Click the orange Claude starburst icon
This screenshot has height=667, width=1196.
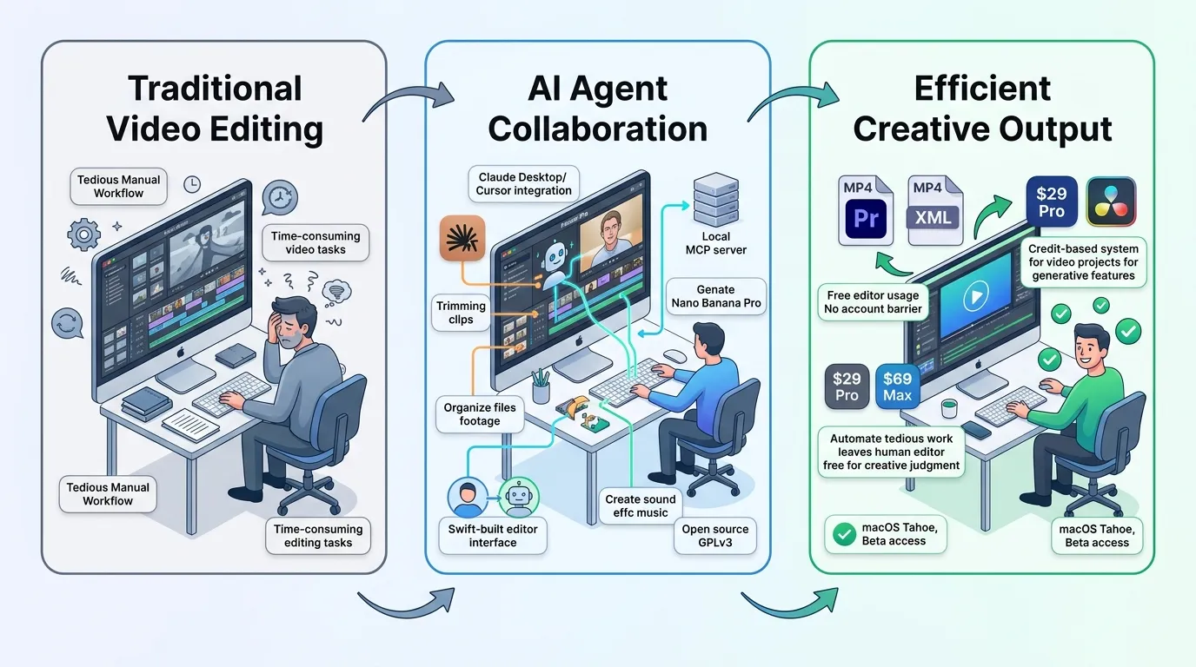462,238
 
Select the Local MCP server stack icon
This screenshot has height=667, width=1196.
715,199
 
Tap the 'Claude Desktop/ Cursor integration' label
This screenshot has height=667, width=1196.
523,183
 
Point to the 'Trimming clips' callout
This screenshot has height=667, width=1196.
461,313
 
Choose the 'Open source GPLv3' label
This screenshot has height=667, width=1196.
715,536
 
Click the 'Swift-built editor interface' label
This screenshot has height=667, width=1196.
492,536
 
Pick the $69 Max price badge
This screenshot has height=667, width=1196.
897,386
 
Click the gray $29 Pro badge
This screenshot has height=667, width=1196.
847,386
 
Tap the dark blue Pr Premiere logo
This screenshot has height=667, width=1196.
866,219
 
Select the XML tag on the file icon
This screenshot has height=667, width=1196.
933,218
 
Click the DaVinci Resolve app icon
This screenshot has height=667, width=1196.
1111,201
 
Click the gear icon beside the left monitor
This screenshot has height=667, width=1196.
83,234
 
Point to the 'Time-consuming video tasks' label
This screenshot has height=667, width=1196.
315,243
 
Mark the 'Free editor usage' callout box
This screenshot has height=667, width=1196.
873,302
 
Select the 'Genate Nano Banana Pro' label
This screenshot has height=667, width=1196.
715,296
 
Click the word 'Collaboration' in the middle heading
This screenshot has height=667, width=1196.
597,129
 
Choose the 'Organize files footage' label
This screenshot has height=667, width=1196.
480,414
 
